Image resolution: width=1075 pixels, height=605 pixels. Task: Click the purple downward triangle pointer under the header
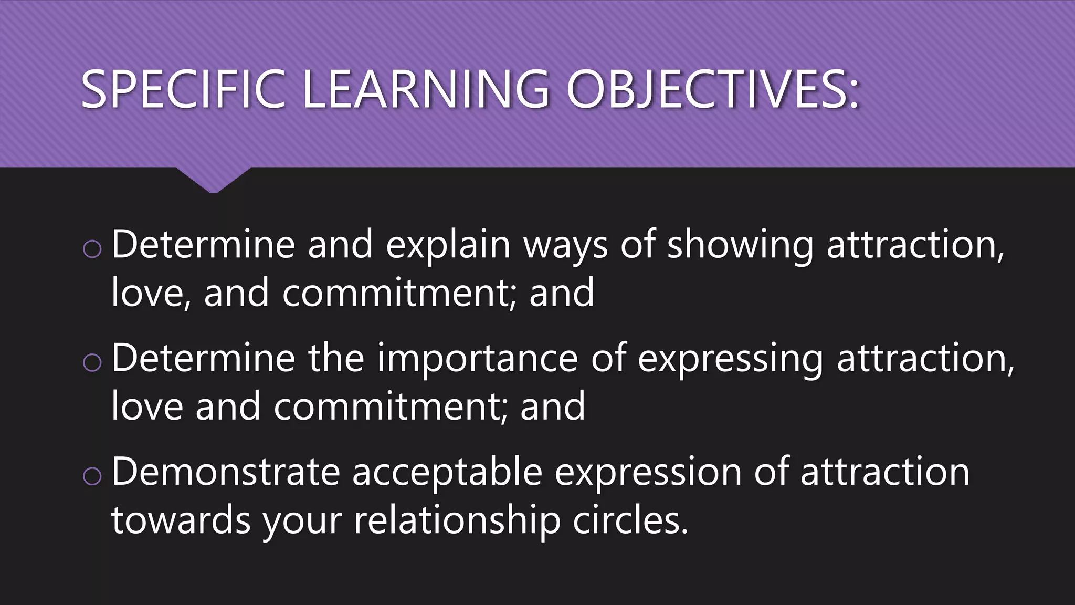coord(213,180)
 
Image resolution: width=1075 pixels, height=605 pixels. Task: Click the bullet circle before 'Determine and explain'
coord(92,249)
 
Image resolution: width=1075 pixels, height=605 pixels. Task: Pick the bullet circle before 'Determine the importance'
coord(92,362)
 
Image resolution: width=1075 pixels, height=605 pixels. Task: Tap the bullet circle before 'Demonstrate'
coord(92,476)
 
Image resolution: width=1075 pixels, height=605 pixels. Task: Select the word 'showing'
coord(740,246)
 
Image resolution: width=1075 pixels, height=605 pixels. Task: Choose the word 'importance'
coord(477,358)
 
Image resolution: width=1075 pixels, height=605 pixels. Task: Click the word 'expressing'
coord(730,359)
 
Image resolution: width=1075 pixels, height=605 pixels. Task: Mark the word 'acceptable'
coord(447,472)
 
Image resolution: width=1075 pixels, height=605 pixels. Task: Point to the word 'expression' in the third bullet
coord(648,472)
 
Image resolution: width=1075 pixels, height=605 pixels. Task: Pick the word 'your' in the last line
coord(302,522)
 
